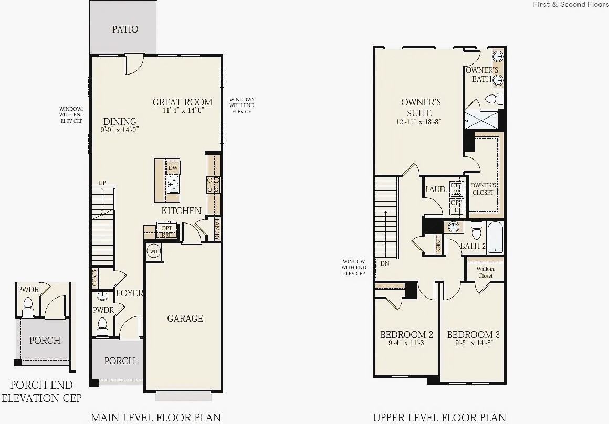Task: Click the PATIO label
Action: (x=125, y=29)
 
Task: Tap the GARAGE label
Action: (x=185, y=319)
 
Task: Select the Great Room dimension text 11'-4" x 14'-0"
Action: (x=183, y=111)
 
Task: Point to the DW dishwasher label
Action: (x=173, y=168)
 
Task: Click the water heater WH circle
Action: (x=154, y=252)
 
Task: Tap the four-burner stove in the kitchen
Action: (x=214, y=184)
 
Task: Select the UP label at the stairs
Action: (x=102, y=183)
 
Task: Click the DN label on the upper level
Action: (x=385, y=263)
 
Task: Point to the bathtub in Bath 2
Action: (x=495, y=237)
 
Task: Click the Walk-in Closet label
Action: (x=485, y=272)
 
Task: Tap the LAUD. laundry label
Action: (x=436, y=189)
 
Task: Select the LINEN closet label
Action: (x=438, y=243)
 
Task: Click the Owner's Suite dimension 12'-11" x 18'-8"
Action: (x=419, y=122)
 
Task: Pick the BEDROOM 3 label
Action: (x=473, y=335)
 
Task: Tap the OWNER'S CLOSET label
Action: (x=482, y=189)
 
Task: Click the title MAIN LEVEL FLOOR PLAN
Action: (x=156, y=418)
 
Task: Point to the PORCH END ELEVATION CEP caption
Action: (x=41, y=391)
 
